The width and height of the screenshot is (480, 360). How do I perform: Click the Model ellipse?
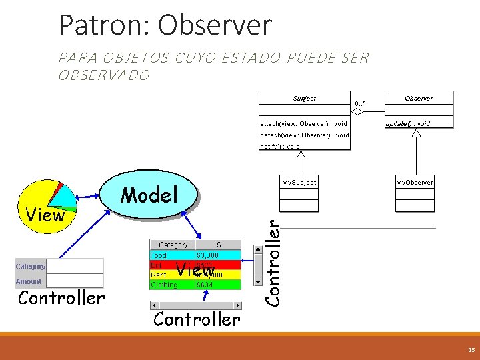[149, 195]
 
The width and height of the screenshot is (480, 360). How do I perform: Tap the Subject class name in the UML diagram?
[304, 99]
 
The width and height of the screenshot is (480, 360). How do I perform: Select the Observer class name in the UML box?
[419, 99]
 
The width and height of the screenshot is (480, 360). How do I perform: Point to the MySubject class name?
[299, 182]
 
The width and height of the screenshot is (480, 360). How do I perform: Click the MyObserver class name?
[414, 182]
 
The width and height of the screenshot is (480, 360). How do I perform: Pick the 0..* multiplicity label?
[360, 103]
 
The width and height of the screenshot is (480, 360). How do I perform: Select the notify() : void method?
[279, 146]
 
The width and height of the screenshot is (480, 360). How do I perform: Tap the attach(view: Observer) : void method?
[303, 123]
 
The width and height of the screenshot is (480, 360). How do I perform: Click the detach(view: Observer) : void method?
[304, 135]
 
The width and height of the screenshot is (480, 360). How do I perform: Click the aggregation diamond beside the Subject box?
[358, 112]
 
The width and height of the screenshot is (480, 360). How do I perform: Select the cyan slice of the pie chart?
[64, 195]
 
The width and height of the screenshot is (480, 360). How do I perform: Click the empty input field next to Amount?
[75, 282]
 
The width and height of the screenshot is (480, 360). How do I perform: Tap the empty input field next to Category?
[75, 266]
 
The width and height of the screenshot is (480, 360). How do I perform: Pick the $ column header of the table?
[218, 245]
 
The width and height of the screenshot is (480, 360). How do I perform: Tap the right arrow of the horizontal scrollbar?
[237, 305]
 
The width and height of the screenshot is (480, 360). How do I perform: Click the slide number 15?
[471, 349]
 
